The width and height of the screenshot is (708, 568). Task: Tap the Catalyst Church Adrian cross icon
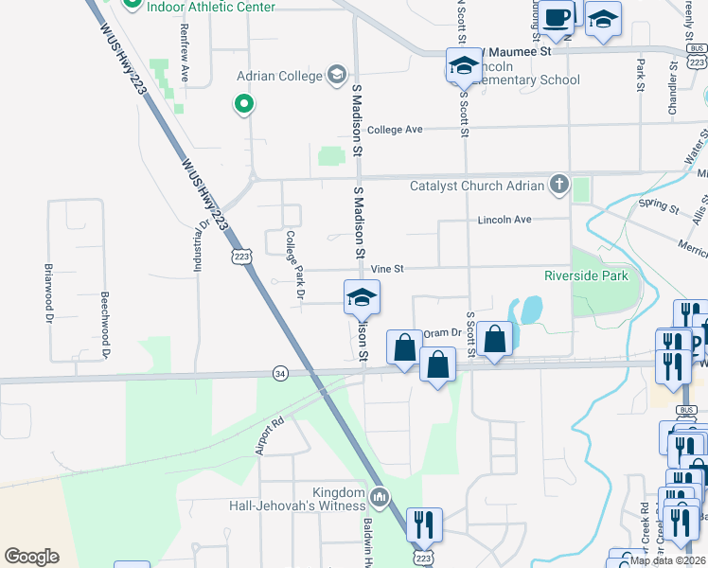click(x=559, y=185)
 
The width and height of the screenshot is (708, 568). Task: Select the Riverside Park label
click(x=586, y=276)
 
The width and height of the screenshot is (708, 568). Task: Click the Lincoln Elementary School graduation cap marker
click(x=463, y=66)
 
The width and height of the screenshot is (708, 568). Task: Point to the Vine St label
click(x=387, y=270)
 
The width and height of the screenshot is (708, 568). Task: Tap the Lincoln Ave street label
click(x=504, y=220)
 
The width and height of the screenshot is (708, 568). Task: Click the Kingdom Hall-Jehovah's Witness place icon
click(x=380, y=496)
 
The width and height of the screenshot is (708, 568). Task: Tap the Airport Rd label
click(x=270, y=436)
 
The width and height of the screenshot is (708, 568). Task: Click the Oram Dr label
click(x=442, y=332)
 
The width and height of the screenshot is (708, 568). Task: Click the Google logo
click(x=31, y=557)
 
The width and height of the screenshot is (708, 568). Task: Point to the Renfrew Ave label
click(x=184, y=53)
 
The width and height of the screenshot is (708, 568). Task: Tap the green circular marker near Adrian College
click(x=244, y=104)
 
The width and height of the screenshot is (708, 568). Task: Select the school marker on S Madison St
click(x=360, y=298)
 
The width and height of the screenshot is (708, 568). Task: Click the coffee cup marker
click(x=558, y=17)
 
